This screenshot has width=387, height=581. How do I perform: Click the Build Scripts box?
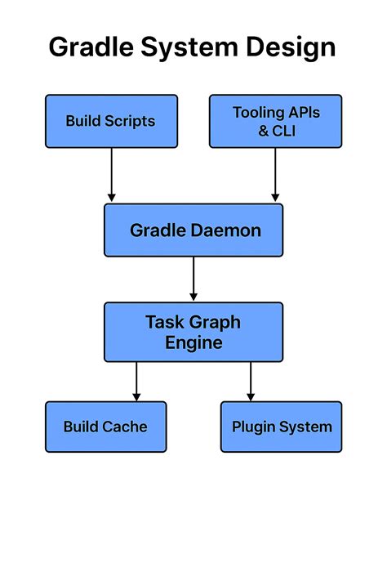coord(111,121)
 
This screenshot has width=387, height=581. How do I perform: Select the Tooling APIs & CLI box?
coord(275,121)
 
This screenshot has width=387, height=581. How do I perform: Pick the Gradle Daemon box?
coord(193,230)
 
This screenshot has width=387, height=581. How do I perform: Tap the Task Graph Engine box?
coord(193,332)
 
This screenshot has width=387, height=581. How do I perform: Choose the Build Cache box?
coord(105,427)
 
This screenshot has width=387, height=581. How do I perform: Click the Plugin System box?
coord(281,427)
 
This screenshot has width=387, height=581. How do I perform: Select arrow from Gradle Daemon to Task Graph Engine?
coord(193,279)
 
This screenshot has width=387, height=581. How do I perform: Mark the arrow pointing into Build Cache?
coord(136,381)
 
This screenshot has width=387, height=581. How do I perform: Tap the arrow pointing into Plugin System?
coord(250,381)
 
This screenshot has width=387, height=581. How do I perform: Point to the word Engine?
coord(193,342)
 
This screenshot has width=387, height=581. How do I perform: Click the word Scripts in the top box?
coord(131,121)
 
